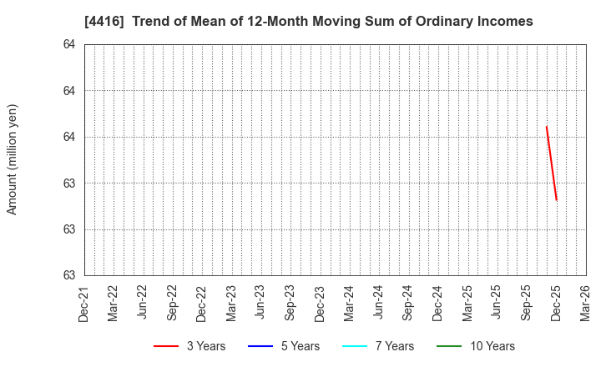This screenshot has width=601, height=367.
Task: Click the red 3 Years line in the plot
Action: (551, 163)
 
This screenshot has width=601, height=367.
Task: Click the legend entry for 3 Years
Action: (189, 346)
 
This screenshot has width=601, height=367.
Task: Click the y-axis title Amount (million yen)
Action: (13, 159)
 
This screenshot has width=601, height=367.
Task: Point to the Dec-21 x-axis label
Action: (83, 303)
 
